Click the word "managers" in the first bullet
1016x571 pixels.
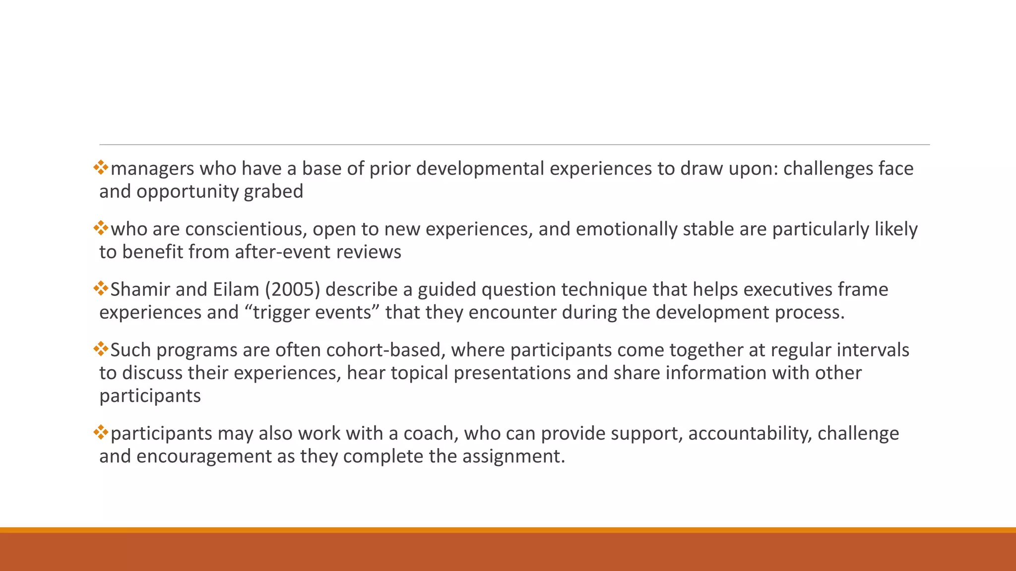(x=152, y=169)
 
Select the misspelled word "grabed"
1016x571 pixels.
(x=273, y=192)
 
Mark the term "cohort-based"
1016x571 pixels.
(x=384, y=350)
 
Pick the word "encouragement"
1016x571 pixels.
(x=203, y=457)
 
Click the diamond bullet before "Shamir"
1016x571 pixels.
(x=101, y=288)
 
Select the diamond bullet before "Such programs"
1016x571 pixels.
(x=101, y=348)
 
